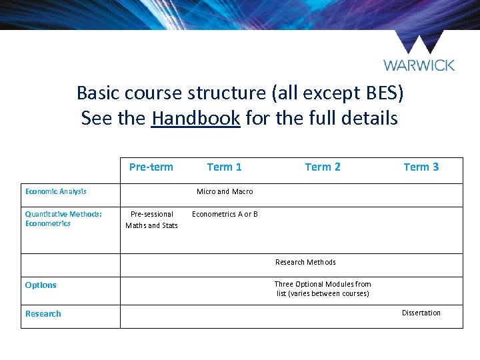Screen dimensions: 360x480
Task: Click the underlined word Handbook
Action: click(x=195, y=119)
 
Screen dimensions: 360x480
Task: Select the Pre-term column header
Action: click(x=151, y=167)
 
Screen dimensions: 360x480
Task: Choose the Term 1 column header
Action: click(x=224, y=167)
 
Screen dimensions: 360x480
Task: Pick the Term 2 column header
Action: click(x=323, y=167)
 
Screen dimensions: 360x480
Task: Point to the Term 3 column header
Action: click(x=421, y=167)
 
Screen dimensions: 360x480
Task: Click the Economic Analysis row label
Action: click(x=56, y=191)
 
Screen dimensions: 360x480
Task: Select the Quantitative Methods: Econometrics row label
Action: click(x=63, y=219)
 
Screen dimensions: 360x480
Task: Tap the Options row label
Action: click(x=41, y=285)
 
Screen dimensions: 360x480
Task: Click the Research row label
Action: click(x=43, y=313)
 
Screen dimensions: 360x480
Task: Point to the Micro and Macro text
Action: click(x=225, y=191)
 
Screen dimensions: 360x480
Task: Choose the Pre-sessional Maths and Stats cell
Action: click(x=152, y=219)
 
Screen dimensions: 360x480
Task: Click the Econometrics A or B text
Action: click(x=225, y=214)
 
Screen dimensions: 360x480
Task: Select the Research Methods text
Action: click(x=305, y=262)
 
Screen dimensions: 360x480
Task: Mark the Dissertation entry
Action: click(x=421, y=313)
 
